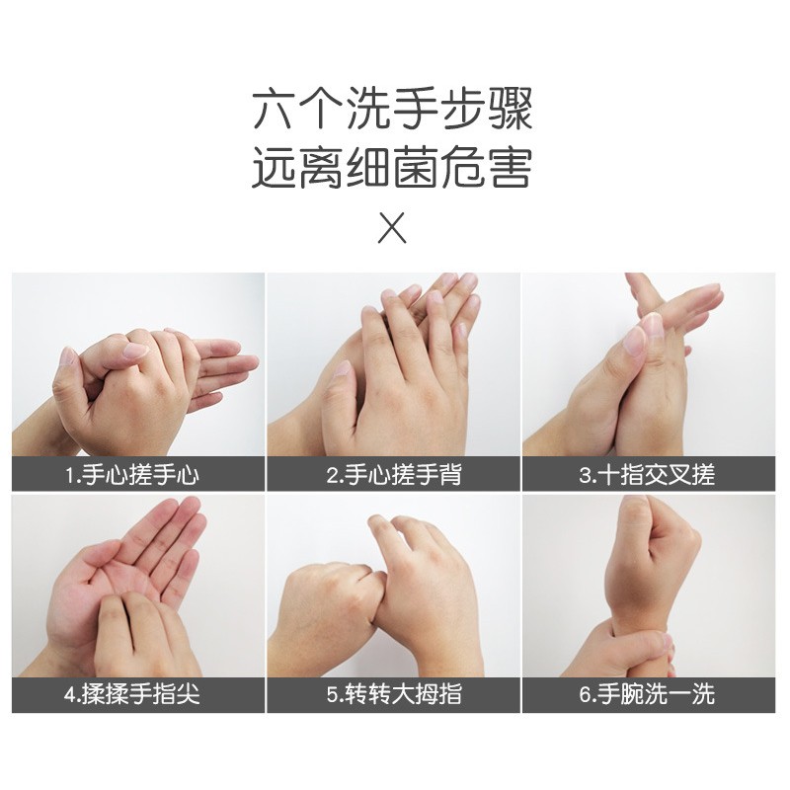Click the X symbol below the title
[x=392, y=228]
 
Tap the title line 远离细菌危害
[x=392, y=167]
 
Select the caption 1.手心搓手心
[x=132, y=475]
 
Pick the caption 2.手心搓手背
[x=394, y=475]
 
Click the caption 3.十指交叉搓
[x=648, y=475]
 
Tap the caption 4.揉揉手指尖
[x=132, y=694]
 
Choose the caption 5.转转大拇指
[x=394, y=694]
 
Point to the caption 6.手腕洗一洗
[x=648, y=694]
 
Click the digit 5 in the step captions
[x=333, y=695]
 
